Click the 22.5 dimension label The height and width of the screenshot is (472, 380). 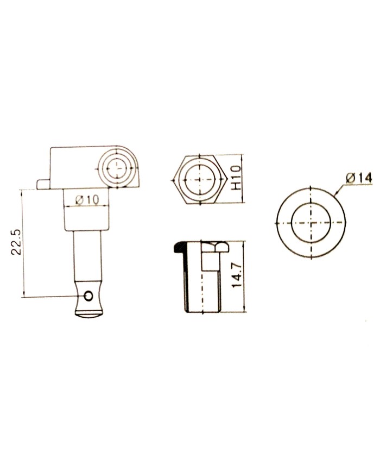coord(16,242)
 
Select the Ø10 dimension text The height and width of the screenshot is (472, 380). coord(87,199)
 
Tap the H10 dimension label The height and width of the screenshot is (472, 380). coord(237,178)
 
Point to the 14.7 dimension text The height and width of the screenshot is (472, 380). coord(237,274)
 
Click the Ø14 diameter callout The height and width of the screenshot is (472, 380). coord(359,178)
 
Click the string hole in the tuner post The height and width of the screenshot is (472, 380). coord(88,295)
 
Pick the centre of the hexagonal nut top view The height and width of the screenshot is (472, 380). coord(199,179)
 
